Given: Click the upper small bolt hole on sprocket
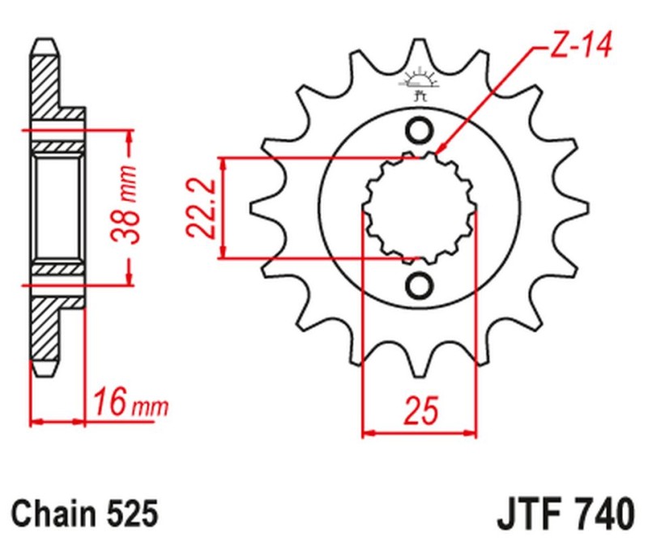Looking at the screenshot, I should pos(420,129).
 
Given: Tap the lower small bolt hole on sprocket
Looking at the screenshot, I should pos(420,285).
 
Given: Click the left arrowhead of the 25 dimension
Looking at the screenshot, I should pos(364,433).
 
